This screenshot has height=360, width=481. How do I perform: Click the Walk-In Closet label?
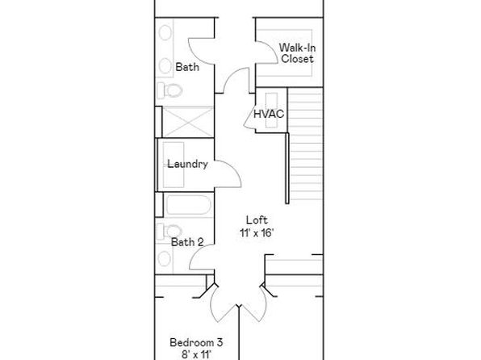pos(297,53)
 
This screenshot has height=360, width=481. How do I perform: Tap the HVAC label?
pos(269,114)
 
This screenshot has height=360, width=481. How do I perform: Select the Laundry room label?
pos(187,164)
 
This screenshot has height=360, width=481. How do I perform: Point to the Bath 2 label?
pos(187,242)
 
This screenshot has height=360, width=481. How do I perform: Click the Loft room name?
pos(257,220)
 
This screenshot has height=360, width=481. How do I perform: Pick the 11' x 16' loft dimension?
pos(257,233)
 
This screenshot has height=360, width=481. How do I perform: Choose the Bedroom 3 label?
pos(196,342)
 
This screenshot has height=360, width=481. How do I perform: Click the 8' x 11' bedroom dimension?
pos(196,355)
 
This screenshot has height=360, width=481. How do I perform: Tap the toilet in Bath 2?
pos(169,231)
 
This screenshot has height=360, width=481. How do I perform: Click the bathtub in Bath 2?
pos(188,205)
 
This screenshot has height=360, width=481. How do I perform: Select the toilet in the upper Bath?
pos(169,90)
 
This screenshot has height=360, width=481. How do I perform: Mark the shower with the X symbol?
pos(187,122)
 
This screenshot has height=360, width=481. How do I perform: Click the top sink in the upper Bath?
pos(165,33)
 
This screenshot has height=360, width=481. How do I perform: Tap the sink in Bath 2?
pos(165,259)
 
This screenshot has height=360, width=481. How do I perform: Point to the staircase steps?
pos(306,144)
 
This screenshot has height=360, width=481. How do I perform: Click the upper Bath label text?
pos(187,67)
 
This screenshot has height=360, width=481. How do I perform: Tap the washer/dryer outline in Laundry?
pos(174,165)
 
